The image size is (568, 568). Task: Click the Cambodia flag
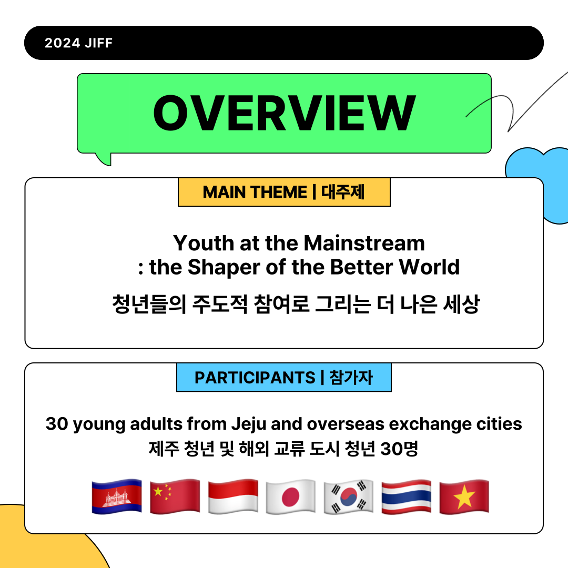tap(117, 496)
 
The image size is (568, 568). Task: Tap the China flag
tap(175, 496)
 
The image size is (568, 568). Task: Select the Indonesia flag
tap(233, 496)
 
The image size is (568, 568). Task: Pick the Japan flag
tap(290, 496)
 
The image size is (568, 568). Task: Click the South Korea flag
tap(349, 496)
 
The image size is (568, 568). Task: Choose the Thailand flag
tap(407, 496)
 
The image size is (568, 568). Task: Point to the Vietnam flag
tap(464, 496)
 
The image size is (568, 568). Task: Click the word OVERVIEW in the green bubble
tap(285, 113)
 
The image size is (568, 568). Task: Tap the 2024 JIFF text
tap(78, 43)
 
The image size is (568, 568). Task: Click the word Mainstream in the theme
tap(364, 242)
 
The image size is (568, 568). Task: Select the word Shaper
tap(224, 267)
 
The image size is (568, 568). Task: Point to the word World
tap(429, 267)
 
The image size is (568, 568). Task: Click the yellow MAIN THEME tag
tap(284, 192)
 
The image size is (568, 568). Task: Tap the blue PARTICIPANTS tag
tap(284, 377)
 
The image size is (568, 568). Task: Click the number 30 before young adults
tap(57, 424)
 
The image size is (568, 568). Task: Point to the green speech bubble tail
tap(104, 159)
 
